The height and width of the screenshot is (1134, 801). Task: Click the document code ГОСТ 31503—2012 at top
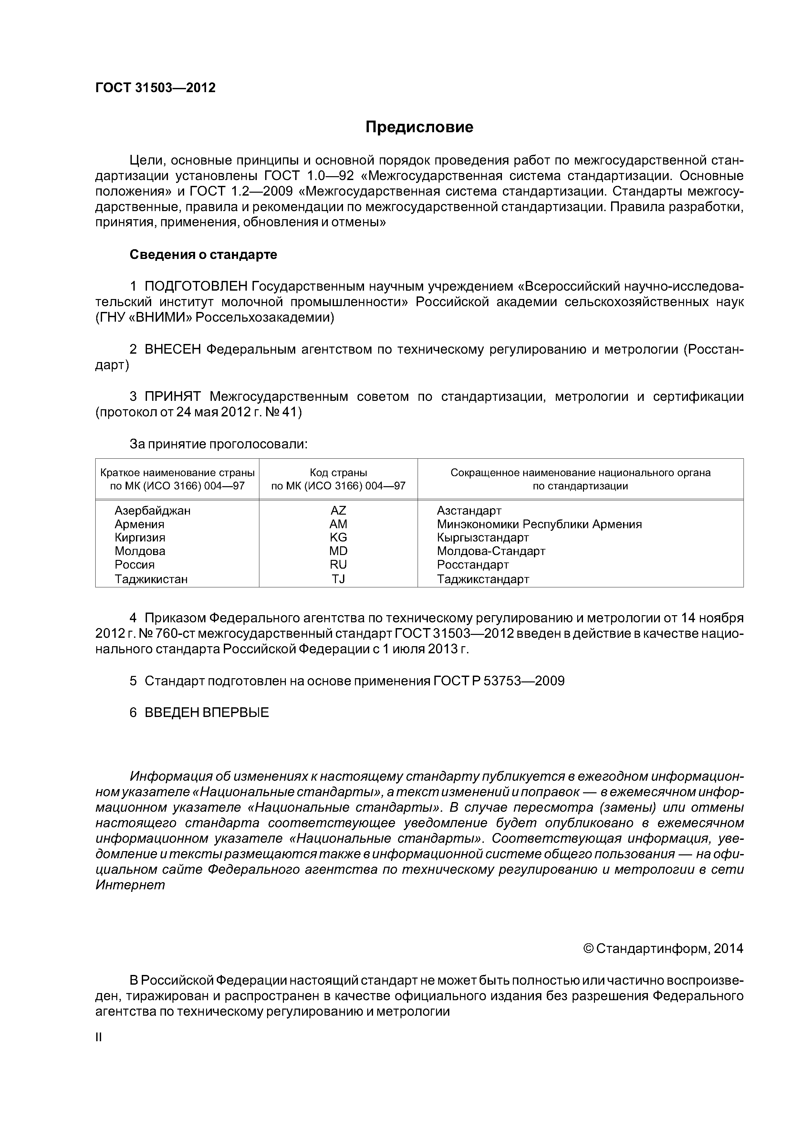coord(155,88)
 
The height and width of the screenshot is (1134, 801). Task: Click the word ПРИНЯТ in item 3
coord(173,397)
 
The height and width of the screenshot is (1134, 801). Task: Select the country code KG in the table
coord(338,537)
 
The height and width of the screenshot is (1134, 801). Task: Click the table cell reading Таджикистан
coord(151,579)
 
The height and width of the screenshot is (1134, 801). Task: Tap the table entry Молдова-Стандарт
coord(491,551)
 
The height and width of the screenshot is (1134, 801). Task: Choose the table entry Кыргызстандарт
coord(483,537)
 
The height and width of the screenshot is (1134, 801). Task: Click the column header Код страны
coord(338,473)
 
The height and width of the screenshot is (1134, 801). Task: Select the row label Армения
coord(139,524)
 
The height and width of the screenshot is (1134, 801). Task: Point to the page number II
coord(98,1037)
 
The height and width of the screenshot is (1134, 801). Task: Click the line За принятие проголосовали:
coord(218,444)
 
